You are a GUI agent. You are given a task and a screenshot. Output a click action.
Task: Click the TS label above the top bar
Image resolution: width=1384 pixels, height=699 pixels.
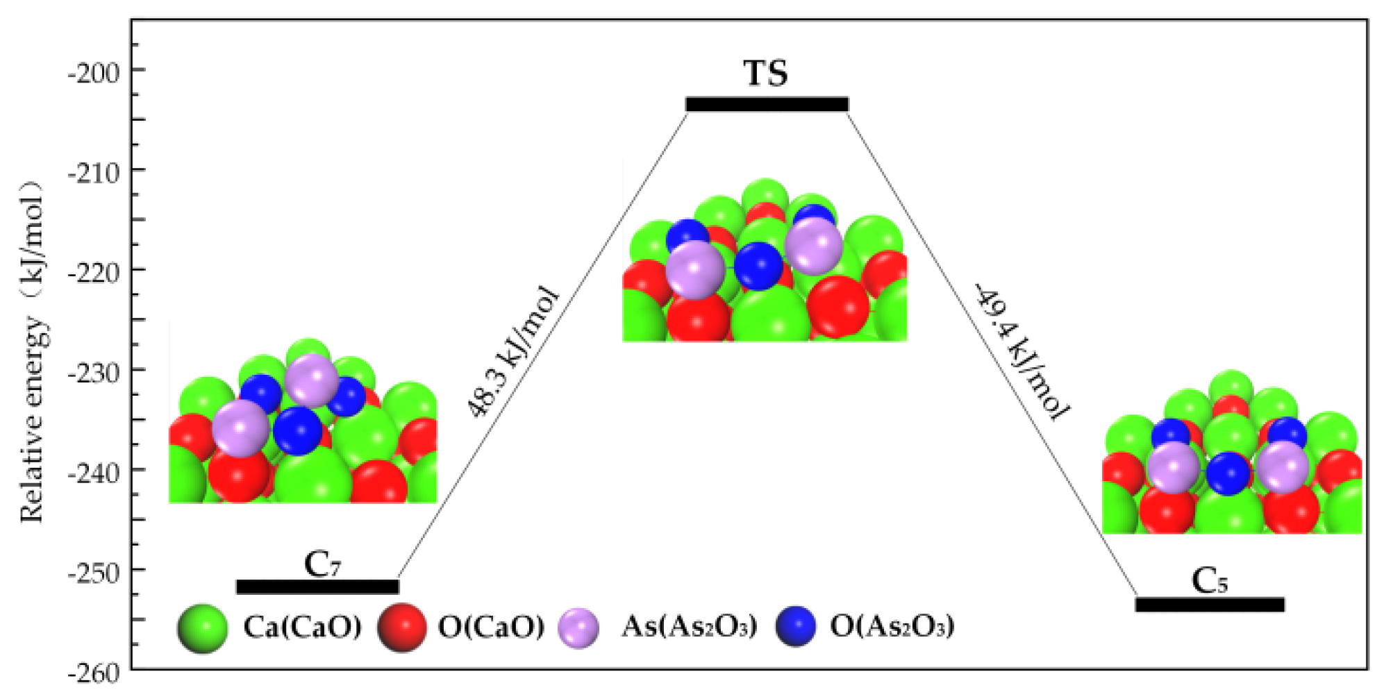pos(765,74)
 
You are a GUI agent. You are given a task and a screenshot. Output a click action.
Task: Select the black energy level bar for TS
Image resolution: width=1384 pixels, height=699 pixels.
pos(767,105)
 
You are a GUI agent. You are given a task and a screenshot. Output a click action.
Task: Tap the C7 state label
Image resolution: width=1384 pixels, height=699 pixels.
pos(322,564)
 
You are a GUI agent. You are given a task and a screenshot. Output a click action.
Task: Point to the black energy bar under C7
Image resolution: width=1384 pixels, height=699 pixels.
pos(317,587)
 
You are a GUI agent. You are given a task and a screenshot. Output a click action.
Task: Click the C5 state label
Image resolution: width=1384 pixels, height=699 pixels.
pos(1209,581)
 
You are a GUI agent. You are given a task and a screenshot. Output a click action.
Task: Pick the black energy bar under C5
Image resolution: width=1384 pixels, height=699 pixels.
pos(1209,605)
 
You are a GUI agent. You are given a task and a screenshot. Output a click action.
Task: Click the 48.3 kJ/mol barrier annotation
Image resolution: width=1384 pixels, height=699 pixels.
pos(513,352)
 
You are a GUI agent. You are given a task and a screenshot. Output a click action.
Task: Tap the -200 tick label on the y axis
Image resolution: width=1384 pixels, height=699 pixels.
pos(93,71)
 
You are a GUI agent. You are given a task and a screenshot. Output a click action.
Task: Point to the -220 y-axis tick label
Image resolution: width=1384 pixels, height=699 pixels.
pos(93,271)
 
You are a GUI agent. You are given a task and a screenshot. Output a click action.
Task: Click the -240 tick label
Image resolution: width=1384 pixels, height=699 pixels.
pos(93,472)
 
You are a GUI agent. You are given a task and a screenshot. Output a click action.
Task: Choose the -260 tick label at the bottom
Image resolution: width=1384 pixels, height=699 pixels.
pos(93,673)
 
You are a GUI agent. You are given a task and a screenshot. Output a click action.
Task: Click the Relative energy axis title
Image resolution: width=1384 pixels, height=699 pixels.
pos(32,351)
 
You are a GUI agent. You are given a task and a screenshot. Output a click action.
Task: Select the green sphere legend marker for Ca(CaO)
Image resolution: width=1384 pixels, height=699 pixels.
pos(202,628)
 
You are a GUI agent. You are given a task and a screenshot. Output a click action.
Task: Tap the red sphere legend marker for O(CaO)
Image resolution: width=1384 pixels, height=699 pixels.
pos(401,628)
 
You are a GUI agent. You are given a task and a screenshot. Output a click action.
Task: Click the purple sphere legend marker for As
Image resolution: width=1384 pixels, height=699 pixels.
pos(578,628)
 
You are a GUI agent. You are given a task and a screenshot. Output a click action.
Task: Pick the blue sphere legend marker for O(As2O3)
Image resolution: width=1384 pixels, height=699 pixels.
pos(796,627)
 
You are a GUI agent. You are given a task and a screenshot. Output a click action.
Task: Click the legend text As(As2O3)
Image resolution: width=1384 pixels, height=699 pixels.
pos(688,627)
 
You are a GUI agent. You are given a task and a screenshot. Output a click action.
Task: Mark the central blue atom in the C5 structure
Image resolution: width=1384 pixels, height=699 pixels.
pos(1228,473)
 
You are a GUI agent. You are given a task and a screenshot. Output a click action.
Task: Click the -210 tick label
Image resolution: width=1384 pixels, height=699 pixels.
pos(93,171)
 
